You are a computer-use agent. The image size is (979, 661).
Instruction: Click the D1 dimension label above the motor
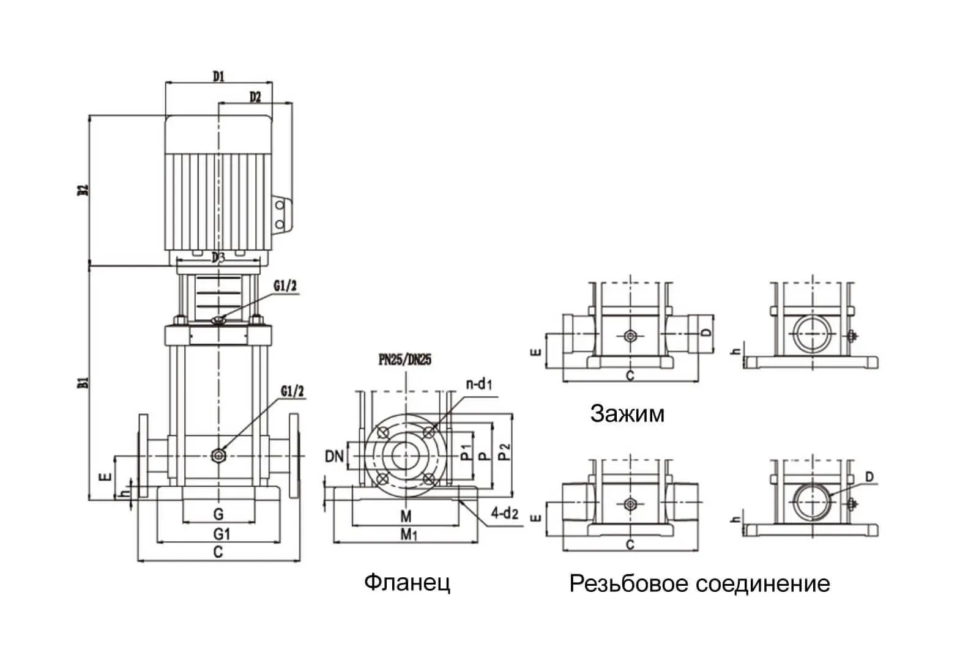(218, 76)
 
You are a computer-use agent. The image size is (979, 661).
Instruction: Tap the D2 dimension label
(255, 97)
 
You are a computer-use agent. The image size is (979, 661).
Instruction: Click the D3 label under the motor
(218, 258)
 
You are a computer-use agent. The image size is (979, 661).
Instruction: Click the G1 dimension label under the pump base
(221, 534)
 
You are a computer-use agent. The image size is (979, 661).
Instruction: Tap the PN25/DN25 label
(404, 360)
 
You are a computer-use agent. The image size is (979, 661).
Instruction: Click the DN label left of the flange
(334, 456)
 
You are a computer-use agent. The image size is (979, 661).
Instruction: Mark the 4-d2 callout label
(505, 514)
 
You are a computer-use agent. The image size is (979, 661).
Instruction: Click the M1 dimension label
(408, 535)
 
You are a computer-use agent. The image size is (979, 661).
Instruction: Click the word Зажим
(627, 414)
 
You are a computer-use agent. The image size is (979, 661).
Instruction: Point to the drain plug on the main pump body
(218, 456)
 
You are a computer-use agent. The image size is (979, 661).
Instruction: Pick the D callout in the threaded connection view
(869, 477)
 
